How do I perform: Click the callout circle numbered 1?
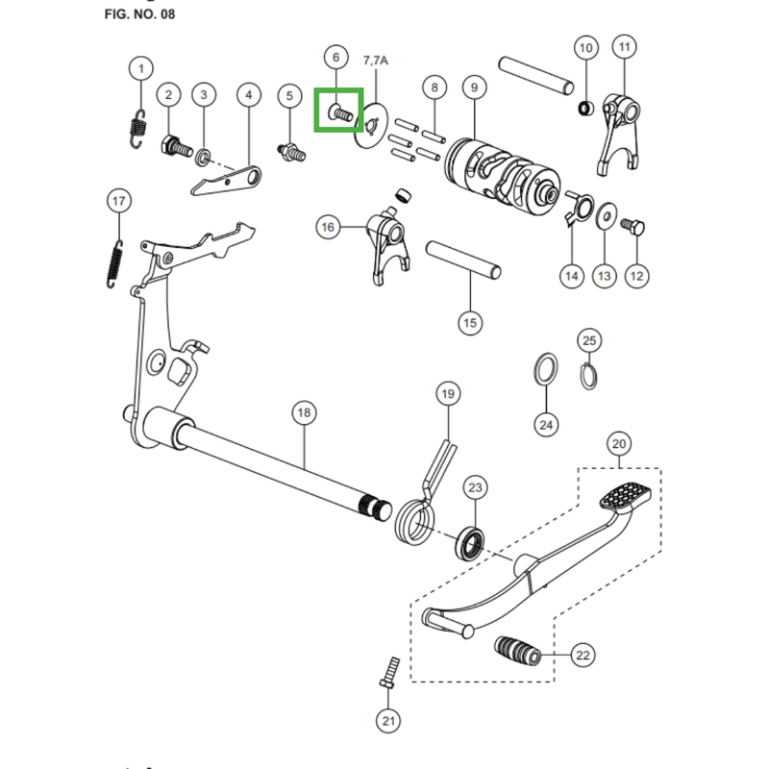point(141,69)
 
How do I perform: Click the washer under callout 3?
point(205,156)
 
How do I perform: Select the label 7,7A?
point(376,61)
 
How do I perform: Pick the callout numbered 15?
point(469,323)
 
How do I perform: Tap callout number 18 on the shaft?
point(304,413)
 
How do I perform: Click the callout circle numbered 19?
point(447,394)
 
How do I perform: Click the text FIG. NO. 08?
point(139,15)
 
